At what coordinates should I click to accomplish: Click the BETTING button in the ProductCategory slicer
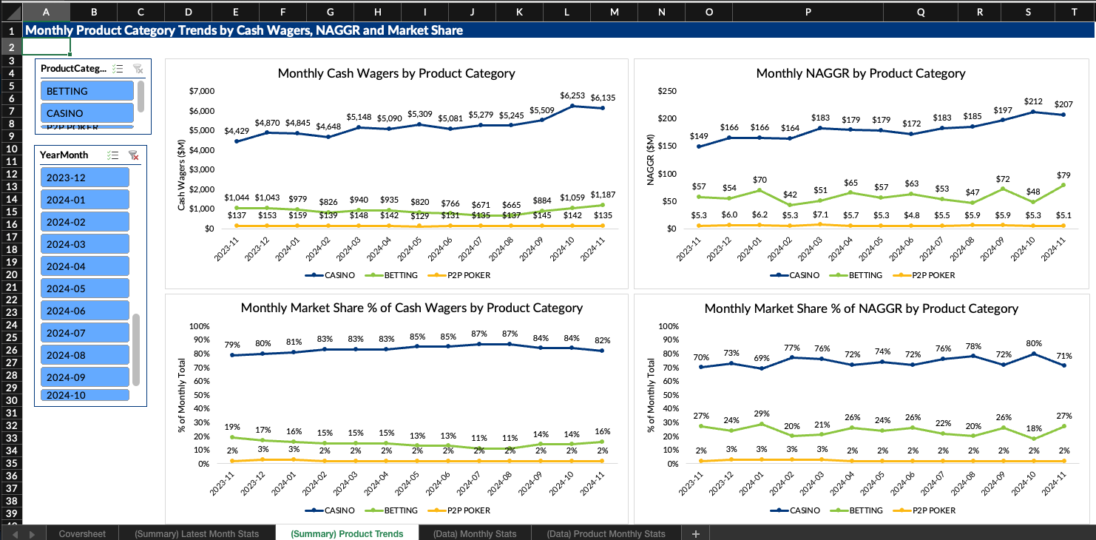pyautogui.click(x=87, y=91)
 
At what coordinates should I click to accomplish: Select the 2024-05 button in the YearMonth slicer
pyautogui.click(x=84, y=288)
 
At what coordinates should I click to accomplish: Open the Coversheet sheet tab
pyautogui.click(x=82, y=533)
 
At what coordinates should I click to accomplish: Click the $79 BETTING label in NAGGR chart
pyautogui.click(x=1063, y=175)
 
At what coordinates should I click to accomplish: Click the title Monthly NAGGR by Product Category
pyautogui.click(x=860, y=73)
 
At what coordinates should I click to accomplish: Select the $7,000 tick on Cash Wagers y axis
pyautogui.click(x=202, y=91)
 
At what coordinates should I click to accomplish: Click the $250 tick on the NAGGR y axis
pyautogui.click(x=667, y=91)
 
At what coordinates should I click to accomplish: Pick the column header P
pyautogui.click(x=808, y=12)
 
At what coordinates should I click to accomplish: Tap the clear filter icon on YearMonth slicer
pyautogui.click(x=134, y=155)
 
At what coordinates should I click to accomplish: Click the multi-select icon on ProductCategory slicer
pyautogui.click(x=117, y=69)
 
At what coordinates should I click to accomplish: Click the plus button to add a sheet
pyautogui.click(x=695, y=533)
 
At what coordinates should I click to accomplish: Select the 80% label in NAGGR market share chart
pyautogui.click(x=1033, y=343)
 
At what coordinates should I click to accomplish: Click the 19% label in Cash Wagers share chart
pyautogui.click(x=232, y=427)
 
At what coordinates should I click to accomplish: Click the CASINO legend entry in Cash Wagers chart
pyautogui.click(x=330, y=275)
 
